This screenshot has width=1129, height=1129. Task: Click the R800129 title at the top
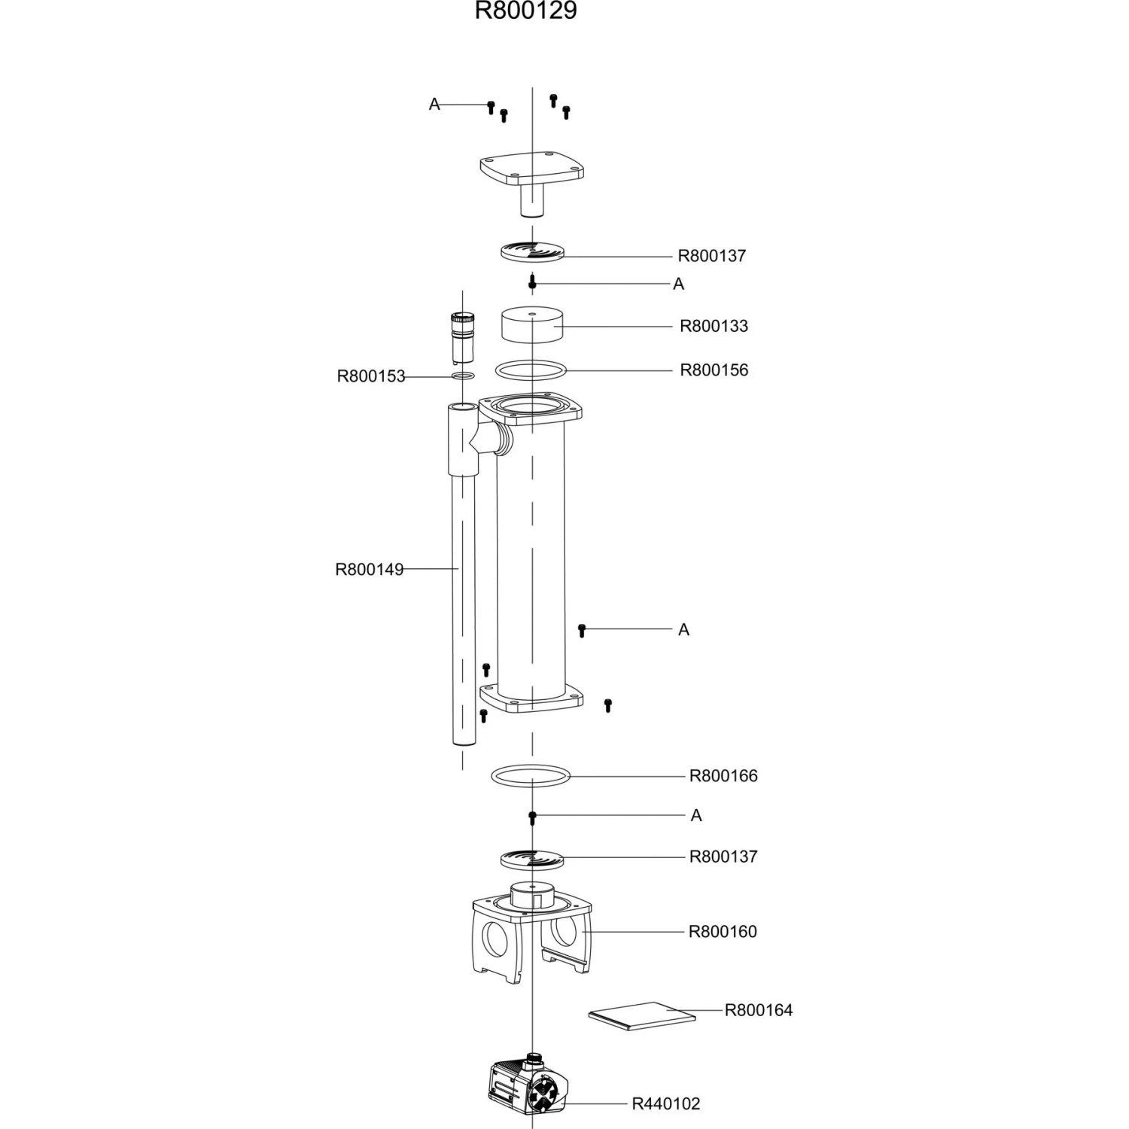[525, 11]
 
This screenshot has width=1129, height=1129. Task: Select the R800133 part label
[714, 326]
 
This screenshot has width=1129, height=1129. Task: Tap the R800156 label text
[714, 370]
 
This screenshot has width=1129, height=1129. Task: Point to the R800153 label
[370, 376]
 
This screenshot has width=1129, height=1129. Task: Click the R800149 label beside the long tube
[369, 570]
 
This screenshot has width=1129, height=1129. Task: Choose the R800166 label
[723, 776]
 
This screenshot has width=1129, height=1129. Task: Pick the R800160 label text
[723, 932]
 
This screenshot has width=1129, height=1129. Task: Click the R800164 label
[759, 1010]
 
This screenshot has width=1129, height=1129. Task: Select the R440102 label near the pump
[665, 1104]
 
